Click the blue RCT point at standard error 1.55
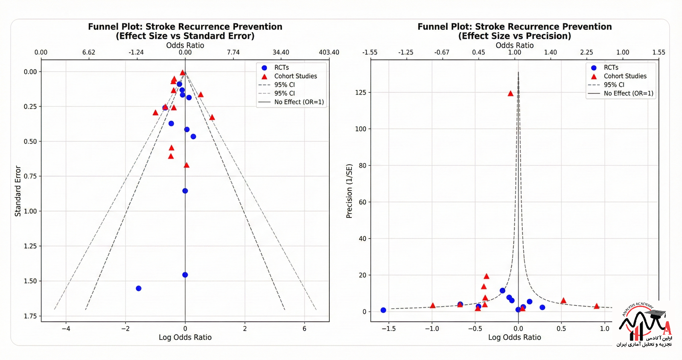(138, 288)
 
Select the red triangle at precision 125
(510, 94)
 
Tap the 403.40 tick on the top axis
(329, 53)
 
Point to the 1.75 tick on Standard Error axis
(30, 316)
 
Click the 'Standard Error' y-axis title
(18, 191)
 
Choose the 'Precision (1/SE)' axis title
(349, 191)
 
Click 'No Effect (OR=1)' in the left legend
(299, 102)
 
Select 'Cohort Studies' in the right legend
(625, 76)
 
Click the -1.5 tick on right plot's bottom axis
(388, 329)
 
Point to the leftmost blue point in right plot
(383, 310)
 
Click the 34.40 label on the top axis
(281, 53)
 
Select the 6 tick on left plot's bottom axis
(304, 329)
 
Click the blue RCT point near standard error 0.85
(185, 191)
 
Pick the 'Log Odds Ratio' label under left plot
(185, 338)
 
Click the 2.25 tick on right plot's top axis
(587, 53)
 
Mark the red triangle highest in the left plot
(183, 73)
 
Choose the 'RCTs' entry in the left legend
(281, 68)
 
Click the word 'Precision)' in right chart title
(548, 36)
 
